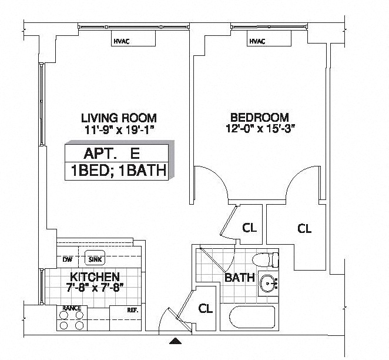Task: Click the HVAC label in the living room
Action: [x=122, y=41]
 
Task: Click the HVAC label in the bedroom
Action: [x=257, y=41]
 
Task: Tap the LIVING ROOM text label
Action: [x=119, y=118]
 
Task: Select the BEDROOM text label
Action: [x=260, y=118]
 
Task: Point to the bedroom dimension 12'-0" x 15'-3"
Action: [x=260, y=129]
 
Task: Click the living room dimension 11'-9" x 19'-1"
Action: [x=120, y=129]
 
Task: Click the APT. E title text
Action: [x=112, y=154]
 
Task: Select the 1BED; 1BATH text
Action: [x=119, y=171]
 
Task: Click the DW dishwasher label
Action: [x=67, y=259]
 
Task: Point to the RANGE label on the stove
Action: [x=72, y=308]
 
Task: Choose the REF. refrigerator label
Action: [x=133, y=310]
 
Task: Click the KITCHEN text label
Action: [x=95, y=277]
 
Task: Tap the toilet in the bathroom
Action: [x=265, y=259]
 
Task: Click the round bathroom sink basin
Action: [x=269, y=284]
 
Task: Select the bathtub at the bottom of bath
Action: [x=252, y=318]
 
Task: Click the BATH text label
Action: [x=240, y=277]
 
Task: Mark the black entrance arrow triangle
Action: [x=175, y=341]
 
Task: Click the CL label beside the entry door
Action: [x=206, y=309]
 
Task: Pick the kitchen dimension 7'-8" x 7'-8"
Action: [x=95, y=288]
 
